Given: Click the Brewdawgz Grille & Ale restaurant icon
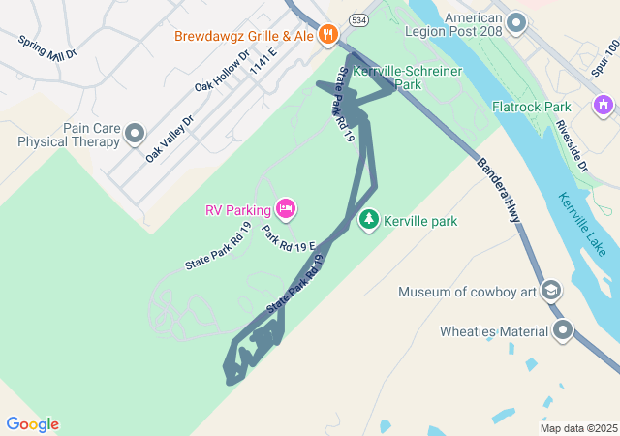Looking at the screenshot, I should pos(328,36).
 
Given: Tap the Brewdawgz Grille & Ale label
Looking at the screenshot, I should pos(244,37).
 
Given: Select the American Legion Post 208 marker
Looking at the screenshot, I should pos(516,21).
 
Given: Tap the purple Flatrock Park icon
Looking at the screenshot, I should pos(603,104).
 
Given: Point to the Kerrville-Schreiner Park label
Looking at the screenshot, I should pos(407,78).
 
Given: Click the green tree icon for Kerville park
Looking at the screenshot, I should pos(368,221).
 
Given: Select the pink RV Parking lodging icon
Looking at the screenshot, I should pos(285,208).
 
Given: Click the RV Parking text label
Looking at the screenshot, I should pos(237,209).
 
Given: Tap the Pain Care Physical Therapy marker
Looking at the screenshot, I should pos(135,134).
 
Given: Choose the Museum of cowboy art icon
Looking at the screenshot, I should pos(550,291).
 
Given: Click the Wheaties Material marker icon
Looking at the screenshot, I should pos(564,332).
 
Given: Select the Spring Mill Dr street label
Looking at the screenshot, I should pos(46,47).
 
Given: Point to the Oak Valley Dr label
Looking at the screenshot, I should pos(170,138).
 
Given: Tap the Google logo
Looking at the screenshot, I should pos(33,424).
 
